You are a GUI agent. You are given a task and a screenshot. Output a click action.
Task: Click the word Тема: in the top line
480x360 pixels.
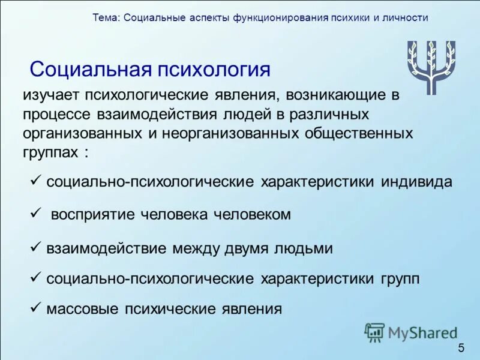(106, 17)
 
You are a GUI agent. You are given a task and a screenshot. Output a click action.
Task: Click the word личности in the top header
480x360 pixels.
(405, 17)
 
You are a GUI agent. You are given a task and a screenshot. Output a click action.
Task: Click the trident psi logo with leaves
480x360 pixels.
(431, 67)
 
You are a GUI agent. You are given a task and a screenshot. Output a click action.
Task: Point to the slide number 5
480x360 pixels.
(461, 349)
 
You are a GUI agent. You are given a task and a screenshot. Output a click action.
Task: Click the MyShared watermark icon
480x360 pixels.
(374, 332)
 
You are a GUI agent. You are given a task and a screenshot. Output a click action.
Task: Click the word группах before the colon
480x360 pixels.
(51, 152)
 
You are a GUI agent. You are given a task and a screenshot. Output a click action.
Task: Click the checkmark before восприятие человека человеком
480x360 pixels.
(35, 214)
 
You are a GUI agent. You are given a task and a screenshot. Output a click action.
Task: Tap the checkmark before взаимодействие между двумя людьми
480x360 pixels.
(35, 247)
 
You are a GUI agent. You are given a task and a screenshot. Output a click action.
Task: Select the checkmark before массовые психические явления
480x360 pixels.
(35, 308)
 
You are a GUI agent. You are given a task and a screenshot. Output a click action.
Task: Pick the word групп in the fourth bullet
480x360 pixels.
(399, 278)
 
